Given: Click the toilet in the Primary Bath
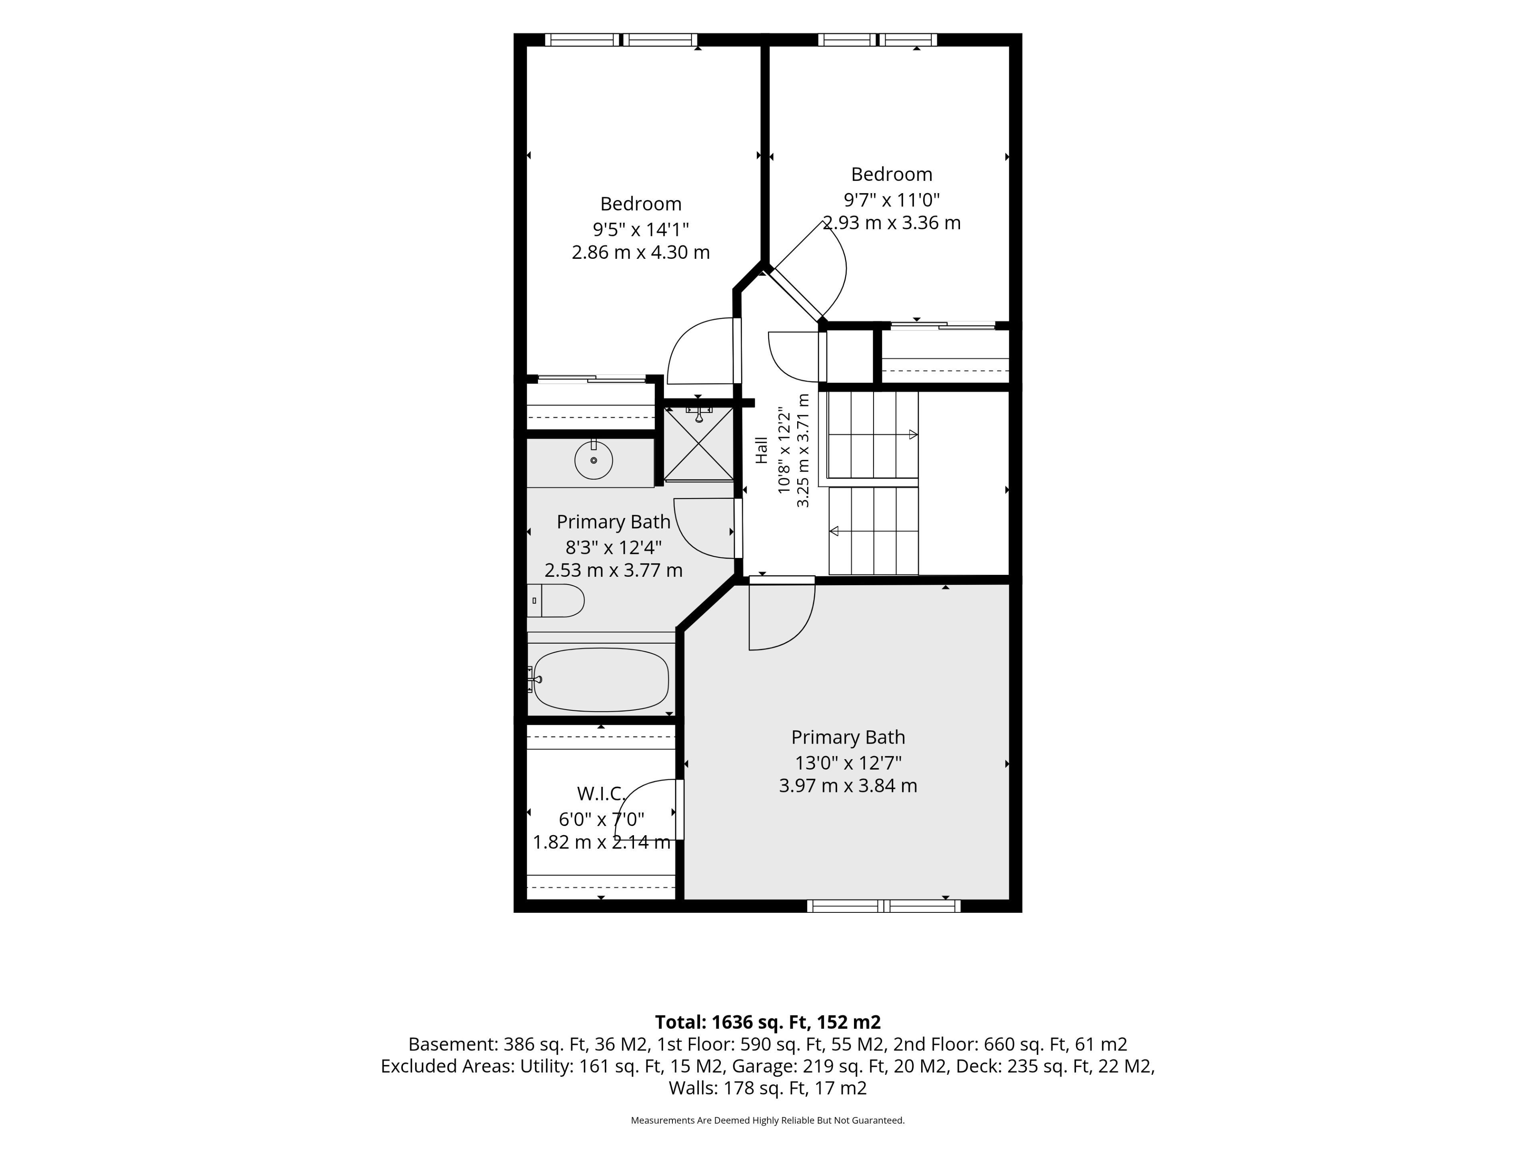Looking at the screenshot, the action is coord(556,601).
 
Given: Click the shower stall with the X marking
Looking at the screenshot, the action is coord(698,444).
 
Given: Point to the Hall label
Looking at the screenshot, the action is coord(762,450).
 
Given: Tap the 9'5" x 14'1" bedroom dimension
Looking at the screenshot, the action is coord(641,228).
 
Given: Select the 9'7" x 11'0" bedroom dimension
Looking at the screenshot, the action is coord(892,200).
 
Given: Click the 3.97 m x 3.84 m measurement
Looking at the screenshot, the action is coord(848,786).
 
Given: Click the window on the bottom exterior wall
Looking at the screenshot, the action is coord(883,906).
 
